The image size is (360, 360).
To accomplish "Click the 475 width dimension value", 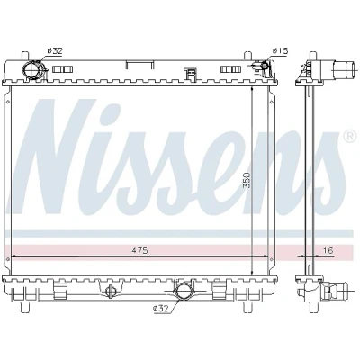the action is click(139, 250).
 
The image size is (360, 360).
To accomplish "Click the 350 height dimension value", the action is click(247, 180).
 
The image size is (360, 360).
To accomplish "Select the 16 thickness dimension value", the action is click(328, 250).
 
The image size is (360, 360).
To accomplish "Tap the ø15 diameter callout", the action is click(280, 51).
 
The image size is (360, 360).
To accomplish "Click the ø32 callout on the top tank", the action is click(54, 51).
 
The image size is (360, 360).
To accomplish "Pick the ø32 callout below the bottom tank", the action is click(161, 308).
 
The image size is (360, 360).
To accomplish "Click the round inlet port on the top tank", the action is click(31, 69).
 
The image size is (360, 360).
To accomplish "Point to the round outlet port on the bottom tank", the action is click(184, 291).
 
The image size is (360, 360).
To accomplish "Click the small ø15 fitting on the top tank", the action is click(265, 66).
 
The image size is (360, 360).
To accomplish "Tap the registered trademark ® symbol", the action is click(349, 137).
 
